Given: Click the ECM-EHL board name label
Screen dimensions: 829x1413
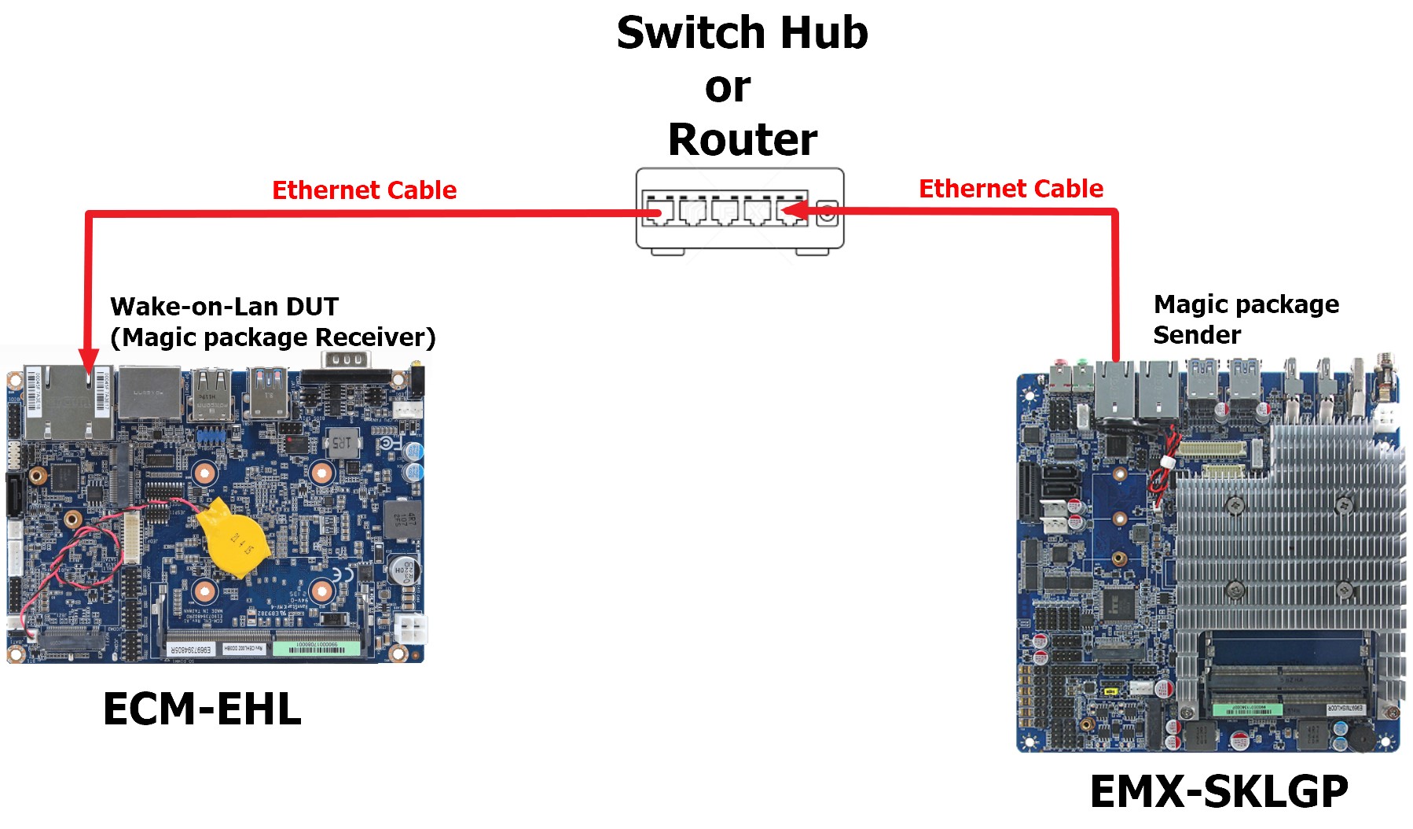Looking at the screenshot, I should coord(202,709).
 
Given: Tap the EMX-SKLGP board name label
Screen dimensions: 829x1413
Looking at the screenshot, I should coord(1219,790).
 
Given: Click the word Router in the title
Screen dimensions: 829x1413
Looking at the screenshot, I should coord(743,139).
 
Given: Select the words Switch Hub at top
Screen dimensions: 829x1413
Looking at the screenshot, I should coord(742,33).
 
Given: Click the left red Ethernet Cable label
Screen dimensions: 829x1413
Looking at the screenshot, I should coord(364,190).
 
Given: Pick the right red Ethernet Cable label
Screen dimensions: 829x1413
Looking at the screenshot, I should coord(1011,189).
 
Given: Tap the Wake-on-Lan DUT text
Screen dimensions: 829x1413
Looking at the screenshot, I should coord(224,306).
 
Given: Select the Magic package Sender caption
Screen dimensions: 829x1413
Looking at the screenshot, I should coord(1246,319).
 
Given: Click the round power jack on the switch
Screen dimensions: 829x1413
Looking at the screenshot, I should coord(827,212).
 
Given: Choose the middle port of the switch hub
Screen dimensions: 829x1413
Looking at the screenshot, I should coord(725,212).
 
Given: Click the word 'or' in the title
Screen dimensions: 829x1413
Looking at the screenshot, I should coord(728,87).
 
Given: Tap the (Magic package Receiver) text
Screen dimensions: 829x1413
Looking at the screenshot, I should coord(273,337).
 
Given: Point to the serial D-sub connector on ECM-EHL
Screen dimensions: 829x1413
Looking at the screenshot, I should coord(345,360).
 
